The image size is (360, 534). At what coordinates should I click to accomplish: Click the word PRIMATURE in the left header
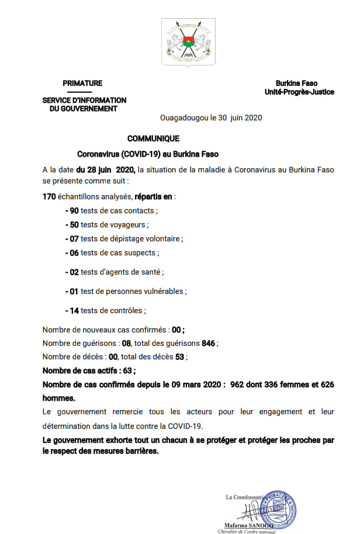click(x=82, y=84)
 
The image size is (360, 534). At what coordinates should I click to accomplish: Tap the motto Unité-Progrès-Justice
click(x=299, y=92)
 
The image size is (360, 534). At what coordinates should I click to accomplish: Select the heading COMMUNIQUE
click(x=154, y=139)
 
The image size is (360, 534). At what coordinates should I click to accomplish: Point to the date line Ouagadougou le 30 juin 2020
click(x=211, y=117)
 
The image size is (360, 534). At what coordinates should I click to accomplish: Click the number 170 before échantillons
click(x=49, y=196)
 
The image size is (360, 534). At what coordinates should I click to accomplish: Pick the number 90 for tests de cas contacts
click(x=74, y=210)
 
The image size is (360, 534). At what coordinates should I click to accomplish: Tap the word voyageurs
click(x=130, y=224)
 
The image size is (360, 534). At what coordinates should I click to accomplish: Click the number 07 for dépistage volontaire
click(x=74, y=238)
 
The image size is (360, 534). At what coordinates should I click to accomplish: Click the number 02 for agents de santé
click(x=74, y=272)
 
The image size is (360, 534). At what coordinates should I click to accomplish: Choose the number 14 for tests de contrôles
click(x=74, y=310)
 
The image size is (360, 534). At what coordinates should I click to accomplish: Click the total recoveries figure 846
click(x=209, y=344)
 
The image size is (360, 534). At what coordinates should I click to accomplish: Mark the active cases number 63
click(x=126, y=370)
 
